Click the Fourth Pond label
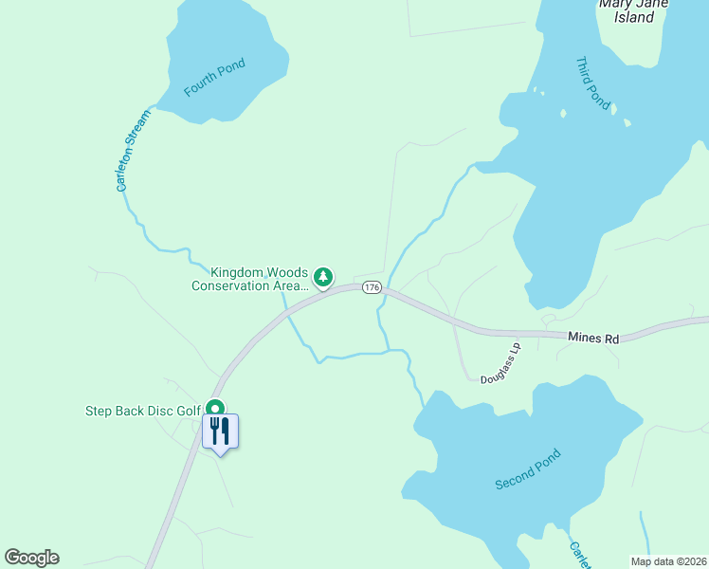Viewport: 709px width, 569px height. (214, 78)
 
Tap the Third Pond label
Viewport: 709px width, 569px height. (593, 83)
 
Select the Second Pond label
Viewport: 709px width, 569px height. (528, 469)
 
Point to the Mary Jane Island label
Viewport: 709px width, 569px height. (634, 9)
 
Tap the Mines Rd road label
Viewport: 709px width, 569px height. (593, 338)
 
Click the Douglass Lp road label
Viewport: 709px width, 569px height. (500, 364)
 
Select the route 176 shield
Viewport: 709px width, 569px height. (372, 287)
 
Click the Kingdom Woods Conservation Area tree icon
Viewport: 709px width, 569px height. (324, 277)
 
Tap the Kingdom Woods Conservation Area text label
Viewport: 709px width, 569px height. (249, 279)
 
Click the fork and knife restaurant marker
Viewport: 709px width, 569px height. (220, 431)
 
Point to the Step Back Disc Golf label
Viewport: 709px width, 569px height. (143, 411)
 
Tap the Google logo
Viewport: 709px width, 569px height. (31, 558)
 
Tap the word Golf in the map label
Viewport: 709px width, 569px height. (189, 411)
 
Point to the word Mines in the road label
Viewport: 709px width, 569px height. (583, 338)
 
